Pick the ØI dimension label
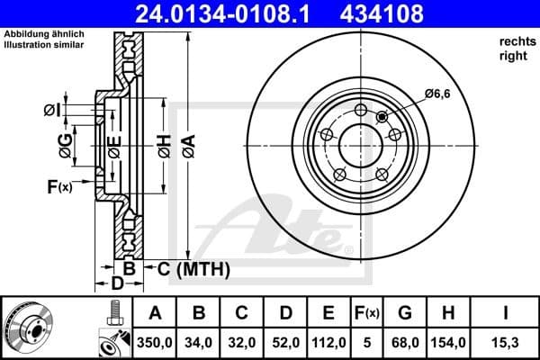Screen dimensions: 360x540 pos(52,110)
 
